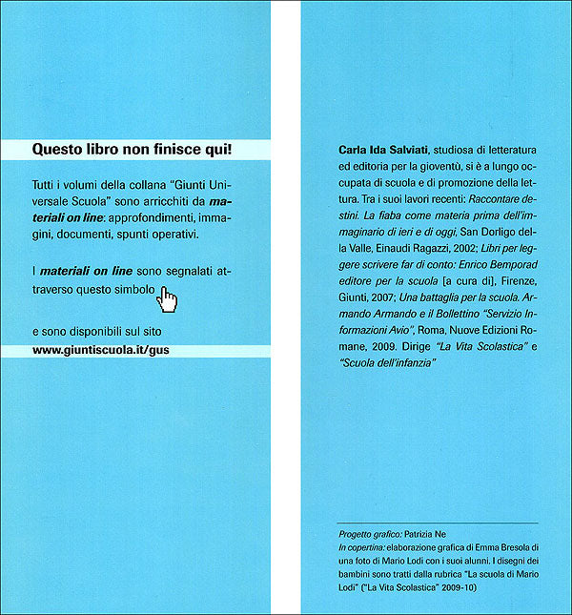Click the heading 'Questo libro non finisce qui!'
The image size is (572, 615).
click(133, 149)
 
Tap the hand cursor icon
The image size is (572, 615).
click(168, 299)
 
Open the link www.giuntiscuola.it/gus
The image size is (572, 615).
click(100, 349)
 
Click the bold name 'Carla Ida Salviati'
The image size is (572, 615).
click(384, 150)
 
